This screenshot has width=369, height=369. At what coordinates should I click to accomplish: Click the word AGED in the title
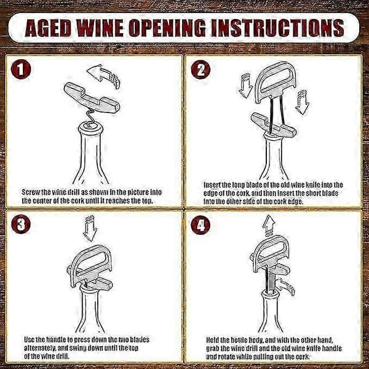47,28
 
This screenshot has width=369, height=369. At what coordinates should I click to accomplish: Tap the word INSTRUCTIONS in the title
278,28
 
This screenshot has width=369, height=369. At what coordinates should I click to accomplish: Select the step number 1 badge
21,69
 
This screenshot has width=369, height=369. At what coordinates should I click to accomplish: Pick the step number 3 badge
21,224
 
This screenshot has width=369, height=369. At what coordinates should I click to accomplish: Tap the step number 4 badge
200,224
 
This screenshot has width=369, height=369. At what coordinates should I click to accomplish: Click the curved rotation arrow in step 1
103,76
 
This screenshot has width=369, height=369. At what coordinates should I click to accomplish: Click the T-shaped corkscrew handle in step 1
92,98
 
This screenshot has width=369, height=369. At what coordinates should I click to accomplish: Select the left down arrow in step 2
245,85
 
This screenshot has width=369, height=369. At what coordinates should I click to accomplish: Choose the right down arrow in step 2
302,102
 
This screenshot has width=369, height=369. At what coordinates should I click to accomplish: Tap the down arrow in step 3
90,229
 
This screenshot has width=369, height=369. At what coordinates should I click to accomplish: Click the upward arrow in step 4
269,226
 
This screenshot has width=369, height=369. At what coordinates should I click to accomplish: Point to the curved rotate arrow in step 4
285,286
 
